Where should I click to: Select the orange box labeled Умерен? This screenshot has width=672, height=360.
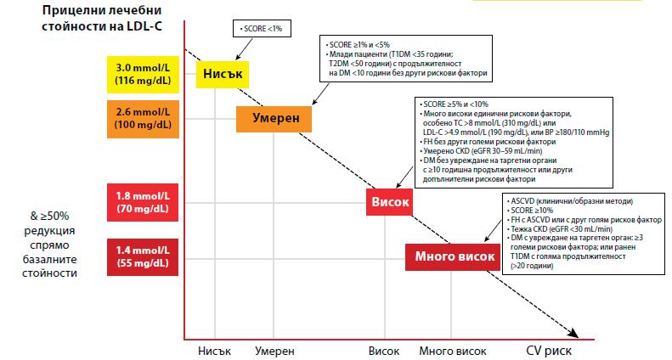[274, 117]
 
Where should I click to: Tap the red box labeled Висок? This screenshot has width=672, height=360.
[389, 203]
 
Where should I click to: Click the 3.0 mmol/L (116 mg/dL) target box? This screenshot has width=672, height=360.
[141, 74]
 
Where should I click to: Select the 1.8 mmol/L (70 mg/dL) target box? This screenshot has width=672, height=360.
[141, 201]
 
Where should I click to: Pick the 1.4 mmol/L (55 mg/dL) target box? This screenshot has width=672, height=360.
[141, 256]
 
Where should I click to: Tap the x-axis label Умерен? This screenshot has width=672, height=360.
[274, 350]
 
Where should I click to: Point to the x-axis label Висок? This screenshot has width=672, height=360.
[388, 350]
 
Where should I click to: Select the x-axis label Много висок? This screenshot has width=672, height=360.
[453, 350]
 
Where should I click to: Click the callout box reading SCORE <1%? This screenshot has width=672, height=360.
[263, 29]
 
